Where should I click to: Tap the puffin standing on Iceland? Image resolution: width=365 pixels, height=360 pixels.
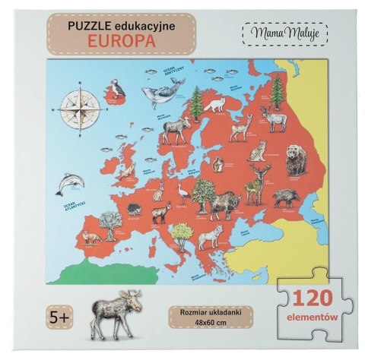(115, 92)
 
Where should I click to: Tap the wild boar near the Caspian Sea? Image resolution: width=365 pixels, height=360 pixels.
(284, 197)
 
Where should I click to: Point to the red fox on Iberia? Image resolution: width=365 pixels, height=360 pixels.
(91, 238)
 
